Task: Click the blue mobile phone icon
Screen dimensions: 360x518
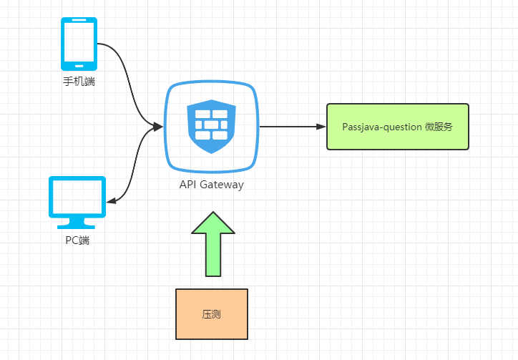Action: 79,43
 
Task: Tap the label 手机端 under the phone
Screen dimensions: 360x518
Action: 79,82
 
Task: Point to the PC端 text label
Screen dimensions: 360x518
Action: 77,240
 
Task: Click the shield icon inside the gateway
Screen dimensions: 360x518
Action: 211,126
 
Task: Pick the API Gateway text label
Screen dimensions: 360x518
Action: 211,185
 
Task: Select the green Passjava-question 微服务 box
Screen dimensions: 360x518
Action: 398,127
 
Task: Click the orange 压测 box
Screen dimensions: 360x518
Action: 212,314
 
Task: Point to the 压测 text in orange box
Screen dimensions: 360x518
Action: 212,314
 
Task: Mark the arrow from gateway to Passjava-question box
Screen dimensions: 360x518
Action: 290,127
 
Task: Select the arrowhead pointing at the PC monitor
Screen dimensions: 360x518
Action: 111,201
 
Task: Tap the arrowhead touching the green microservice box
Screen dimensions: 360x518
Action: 321,127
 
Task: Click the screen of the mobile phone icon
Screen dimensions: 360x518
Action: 79,42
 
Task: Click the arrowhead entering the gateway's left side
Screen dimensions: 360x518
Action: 158,127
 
